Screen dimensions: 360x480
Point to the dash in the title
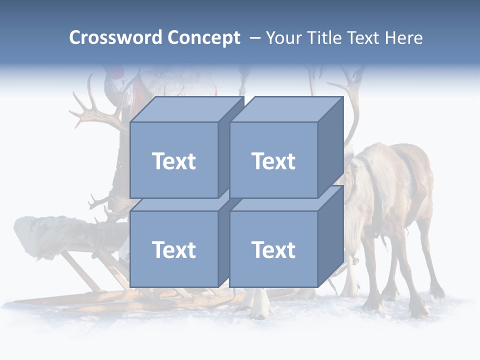click(x=254, y=38)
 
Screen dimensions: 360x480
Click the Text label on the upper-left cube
click(x=173, y=161)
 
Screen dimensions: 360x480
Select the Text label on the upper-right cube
click(x=273, y=161)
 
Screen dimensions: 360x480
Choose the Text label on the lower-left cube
click(x=173, y=249)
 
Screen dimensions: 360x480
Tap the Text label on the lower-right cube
click(x=273, y=249)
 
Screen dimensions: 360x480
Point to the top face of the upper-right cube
click(x=285, y=109)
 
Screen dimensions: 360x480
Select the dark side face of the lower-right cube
click(x=330, y=235)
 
